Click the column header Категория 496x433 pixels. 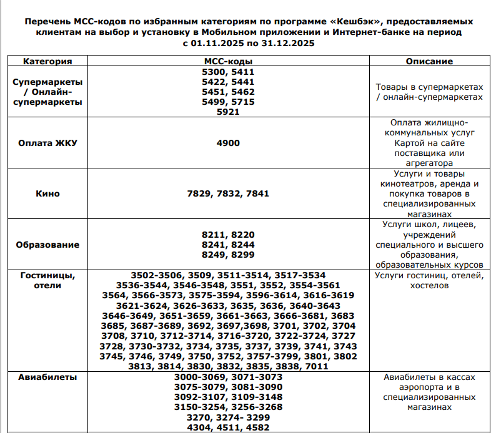[x=47, y=61]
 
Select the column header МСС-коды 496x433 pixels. [x=228, y=61]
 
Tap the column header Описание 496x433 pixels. [x=429, y=61]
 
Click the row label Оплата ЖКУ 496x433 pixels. [x=47, y=143]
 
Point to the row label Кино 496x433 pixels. [x=47, y=193]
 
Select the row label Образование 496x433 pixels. [x=47, y=245]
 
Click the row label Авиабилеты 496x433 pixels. [x=47, y=377]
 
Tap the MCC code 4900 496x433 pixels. [x=228, y=143]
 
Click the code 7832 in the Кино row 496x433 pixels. [x=228, y=193]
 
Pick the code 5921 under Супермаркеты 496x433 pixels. [x=228, y=112]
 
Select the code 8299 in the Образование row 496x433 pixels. [x=242, y=255]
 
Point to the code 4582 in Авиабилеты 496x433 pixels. [x=257, y=427]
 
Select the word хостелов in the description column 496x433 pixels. [x=429, y=285]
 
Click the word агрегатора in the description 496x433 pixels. [x=429, y=163]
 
